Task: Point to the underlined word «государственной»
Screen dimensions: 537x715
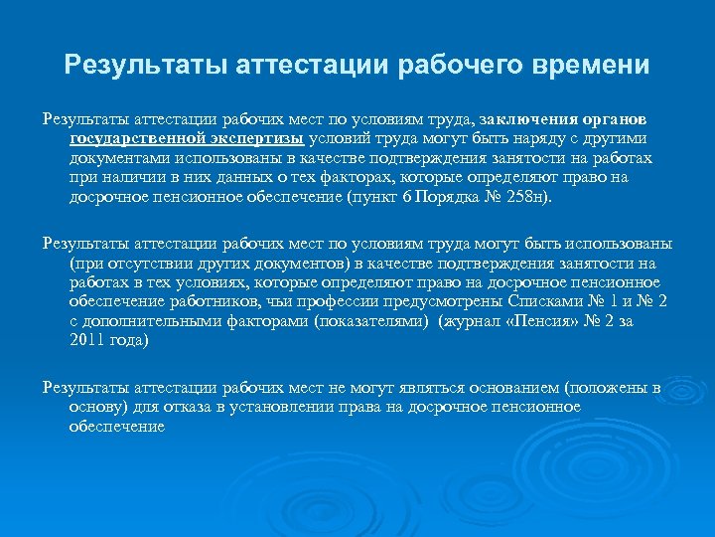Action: pos(138,139)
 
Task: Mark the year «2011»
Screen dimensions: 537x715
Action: pos(88,340)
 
